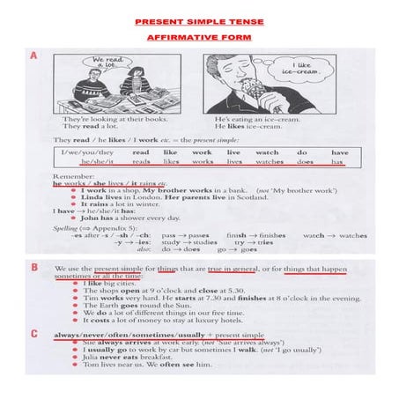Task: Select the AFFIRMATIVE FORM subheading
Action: pyautogui.click(x=200, y=38)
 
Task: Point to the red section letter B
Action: pyautogui.click(x=33, y=266)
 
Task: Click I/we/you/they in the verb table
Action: pyautogui.click(x=91, y=151)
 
